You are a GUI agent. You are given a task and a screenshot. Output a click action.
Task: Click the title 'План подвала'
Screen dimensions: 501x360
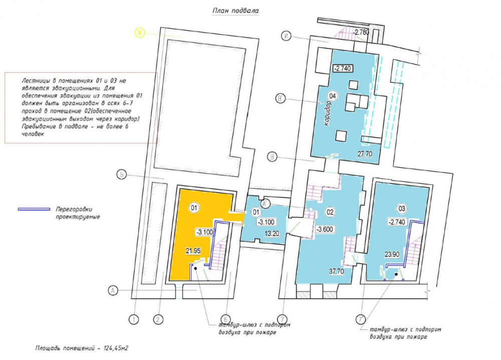coord(235,11)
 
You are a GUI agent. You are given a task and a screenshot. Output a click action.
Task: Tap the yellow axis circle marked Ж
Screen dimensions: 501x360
coord(140,33)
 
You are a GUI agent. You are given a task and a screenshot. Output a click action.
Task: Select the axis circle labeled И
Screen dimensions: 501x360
coord(286,36)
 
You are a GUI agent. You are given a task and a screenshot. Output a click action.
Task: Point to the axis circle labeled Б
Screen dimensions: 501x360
coord(121,175)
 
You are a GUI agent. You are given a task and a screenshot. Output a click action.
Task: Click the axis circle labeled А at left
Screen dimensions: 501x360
coord(113,291)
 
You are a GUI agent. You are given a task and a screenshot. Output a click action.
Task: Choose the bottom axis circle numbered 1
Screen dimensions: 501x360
coord(134,319)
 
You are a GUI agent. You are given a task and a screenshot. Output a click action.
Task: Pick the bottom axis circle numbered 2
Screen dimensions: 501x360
coord(158,319)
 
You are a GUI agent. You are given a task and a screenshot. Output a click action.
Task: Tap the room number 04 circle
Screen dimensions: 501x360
coord(333,96)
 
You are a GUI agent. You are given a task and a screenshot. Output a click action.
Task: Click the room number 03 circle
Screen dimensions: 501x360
coord(402,209)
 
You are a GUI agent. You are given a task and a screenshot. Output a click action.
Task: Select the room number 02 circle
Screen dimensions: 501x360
coord(330,212)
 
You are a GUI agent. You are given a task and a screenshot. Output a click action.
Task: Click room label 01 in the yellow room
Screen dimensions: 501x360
coord(194,208)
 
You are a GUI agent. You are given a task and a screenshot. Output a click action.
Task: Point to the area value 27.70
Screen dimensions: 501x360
coord(365,154)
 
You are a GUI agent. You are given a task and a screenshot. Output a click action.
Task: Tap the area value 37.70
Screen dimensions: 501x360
coord(337,271)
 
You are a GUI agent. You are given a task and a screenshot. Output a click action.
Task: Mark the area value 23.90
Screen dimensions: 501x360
coord(392,254)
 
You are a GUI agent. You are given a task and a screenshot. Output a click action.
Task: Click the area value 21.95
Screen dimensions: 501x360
coord(193,251)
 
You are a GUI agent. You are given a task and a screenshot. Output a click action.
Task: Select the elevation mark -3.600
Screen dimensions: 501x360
coord(325,229)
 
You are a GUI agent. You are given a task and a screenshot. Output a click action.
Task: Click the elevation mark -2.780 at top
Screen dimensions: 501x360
coord(361,32)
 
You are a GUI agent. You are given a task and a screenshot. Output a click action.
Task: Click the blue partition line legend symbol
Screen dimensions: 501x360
coord(34,209)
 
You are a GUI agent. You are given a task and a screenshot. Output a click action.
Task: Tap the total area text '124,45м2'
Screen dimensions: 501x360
coord(116,348)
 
